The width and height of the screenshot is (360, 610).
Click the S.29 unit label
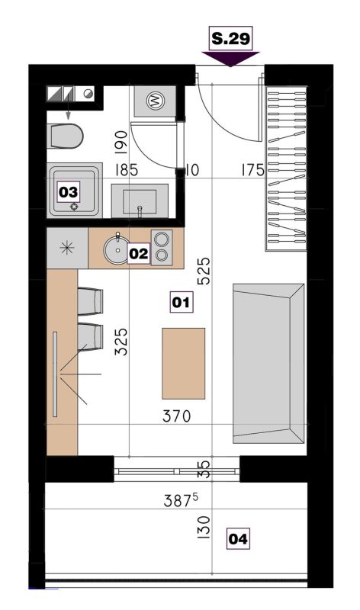click(x=231, y=39)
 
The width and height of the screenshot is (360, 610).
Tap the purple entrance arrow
click(x=230, y=59)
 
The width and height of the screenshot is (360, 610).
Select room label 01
click(x=181, y=302)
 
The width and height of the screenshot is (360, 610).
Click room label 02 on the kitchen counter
click(x=139, y=254)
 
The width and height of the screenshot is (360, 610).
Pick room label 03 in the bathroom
click(x=69, y=192)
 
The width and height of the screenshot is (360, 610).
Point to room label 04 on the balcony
click(x=238, y=539)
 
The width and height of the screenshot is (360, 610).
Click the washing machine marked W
click(x=155, y=101)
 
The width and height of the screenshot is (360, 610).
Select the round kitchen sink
click(x=117, y=249)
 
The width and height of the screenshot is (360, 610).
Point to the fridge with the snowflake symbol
click(x=67, y=248)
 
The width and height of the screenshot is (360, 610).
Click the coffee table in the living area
click(x=183, y=364)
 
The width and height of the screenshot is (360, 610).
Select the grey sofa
click(x=268, y=364)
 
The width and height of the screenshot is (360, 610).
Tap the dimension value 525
click(x=204, y=271)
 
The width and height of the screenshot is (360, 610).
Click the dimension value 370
click(x=177, y=416)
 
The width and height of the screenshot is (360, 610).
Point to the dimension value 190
click(x=121, y=144)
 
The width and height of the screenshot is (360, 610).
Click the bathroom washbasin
click(x=140, y=201)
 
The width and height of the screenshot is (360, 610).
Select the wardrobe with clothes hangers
click(x=287, y=169)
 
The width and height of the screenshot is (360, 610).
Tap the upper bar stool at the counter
click(x=90, y=300)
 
